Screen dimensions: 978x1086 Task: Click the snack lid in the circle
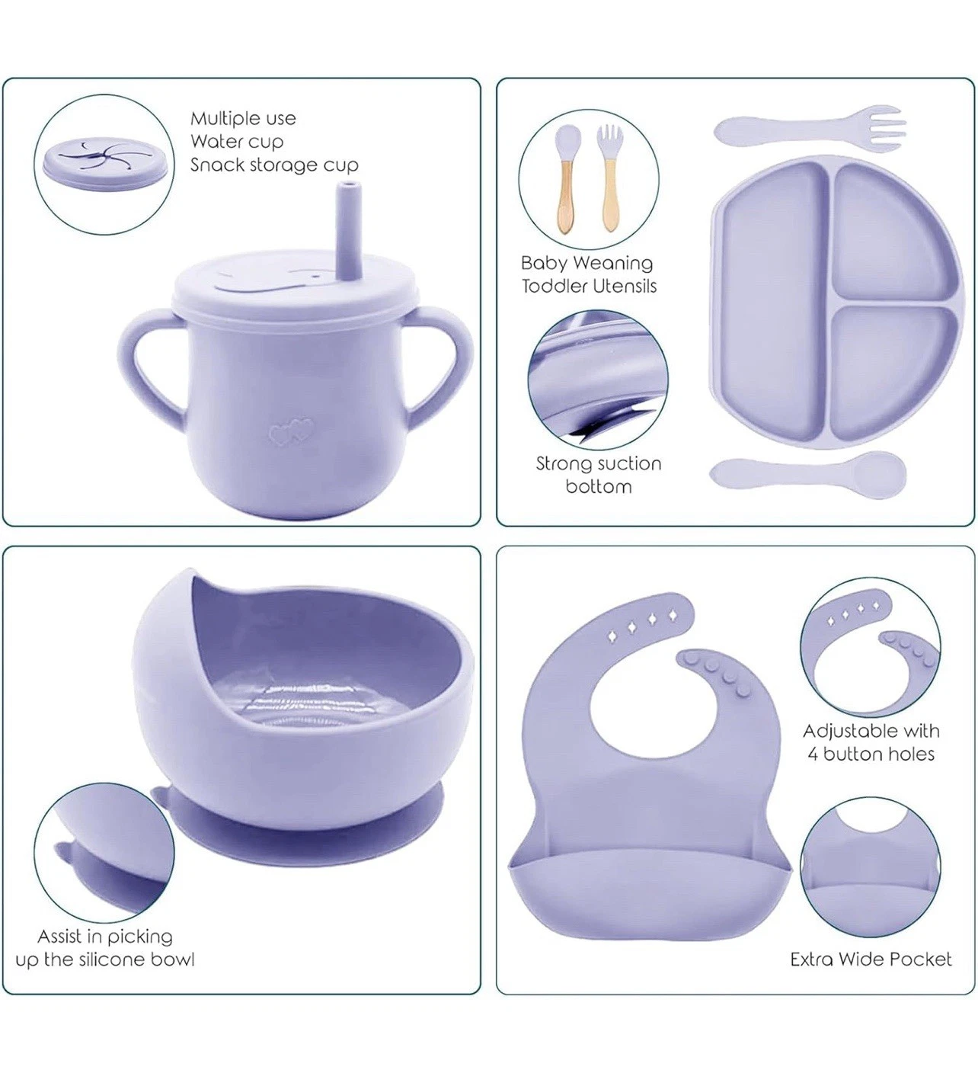[x=104, y=163]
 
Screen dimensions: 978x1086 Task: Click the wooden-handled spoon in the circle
[x=566, y=178]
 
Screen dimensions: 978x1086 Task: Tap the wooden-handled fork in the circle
[x=609, y=178]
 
